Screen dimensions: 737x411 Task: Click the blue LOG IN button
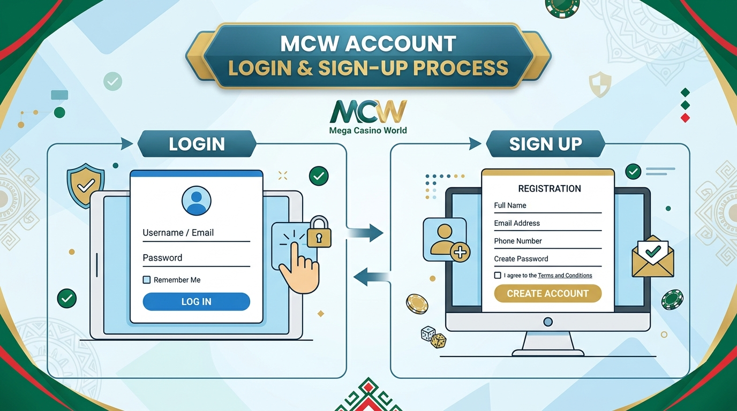click(x=197, y=301)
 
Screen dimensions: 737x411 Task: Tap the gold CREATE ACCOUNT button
click(x=548, y=293)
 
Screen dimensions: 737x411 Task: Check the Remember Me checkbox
click(x=147, y=280)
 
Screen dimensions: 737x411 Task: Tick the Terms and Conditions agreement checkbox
click(x=498, y=275)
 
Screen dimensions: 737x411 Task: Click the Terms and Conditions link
click(x=565, y=276)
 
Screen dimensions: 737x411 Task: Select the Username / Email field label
click(x=178, y=233)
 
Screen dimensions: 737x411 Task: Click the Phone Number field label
click(x=518, y=241)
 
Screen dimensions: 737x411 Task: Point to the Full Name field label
click(x=510, y=205)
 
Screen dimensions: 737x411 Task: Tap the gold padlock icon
click(x=319, y=232)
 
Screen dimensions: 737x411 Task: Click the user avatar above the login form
click(x=197, y=201)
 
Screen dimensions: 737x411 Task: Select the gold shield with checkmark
click(x=86, y=186)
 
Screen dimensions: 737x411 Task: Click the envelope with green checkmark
click(x=653, y=256)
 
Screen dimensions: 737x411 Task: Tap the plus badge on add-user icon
click(x=460, y=253)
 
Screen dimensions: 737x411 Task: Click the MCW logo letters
click(x=368, y=112)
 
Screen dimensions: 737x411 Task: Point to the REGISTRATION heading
click(x=550, y=189)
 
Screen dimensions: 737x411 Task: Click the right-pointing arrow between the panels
click(x=365, y=233)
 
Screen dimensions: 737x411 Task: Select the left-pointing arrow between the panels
click(x=372, y=277)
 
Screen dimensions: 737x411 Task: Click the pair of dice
click(x=434, y=337)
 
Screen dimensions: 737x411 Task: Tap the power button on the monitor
click(x=548, y=322)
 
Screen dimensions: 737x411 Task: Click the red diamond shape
click(x=686, y=118)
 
